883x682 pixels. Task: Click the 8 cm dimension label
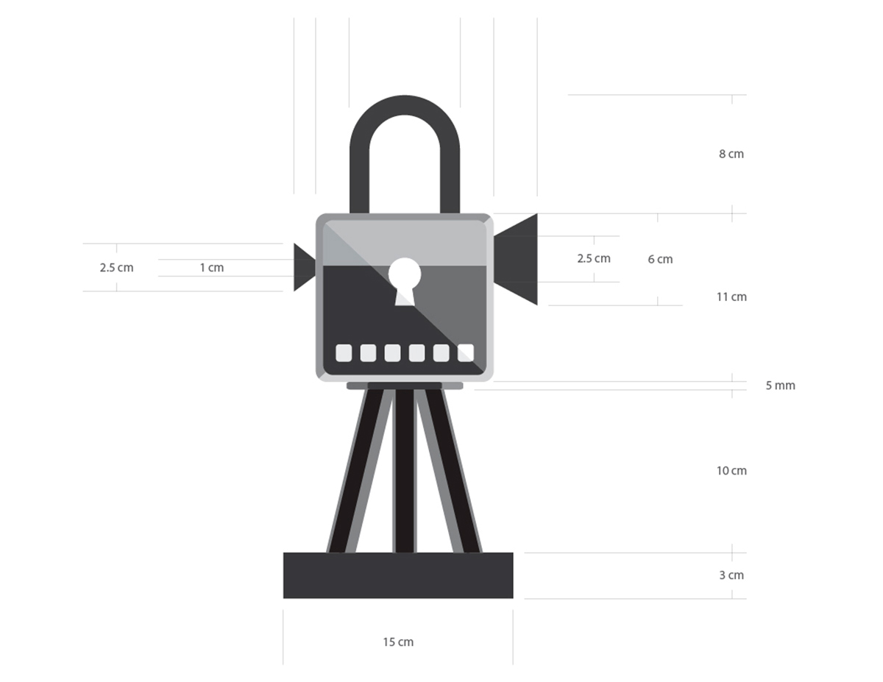731,154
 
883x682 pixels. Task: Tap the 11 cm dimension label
731,297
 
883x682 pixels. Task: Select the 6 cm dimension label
660,259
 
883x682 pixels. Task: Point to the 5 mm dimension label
780,385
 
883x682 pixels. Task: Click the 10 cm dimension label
731,471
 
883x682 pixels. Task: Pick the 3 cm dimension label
731,575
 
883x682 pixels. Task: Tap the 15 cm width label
398,642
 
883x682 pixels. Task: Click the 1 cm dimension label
212,268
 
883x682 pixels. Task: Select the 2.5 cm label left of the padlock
116,268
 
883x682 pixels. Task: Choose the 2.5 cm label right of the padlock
594,258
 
